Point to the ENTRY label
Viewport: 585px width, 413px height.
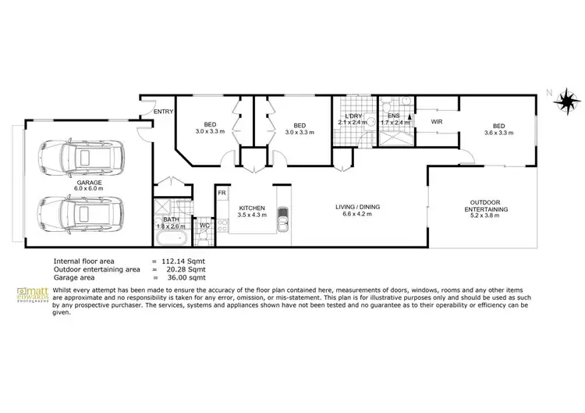click(x=163, y=112)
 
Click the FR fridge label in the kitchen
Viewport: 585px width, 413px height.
click(x=222, y=193)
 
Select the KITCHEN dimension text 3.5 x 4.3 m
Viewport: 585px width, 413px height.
click(x=252, y=215)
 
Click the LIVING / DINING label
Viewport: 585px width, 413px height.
click(x=357, y=207)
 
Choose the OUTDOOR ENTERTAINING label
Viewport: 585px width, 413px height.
click(x=486, y=205)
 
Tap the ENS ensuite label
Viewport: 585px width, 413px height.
click(x=393, y=116)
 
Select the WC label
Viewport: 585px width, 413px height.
click(x=205, y=226)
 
